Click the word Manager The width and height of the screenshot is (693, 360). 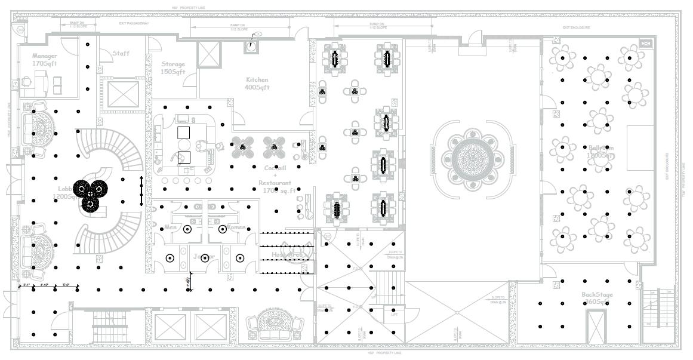click(x=45, y=56)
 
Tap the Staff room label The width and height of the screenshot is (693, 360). click(x=121, y=53)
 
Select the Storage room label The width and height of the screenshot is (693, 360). click(x=173, y=64)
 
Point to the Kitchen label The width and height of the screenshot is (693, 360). click(x=257, y=79)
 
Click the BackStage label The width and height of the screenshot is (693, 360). click(x=597, y=294)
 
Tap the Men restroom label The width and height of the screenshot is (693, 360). click(x=170, y=227)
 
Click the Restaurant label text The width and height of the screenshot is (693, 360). click(x=275, y=183)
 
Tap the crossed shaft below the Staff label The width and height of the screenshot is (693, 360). click(x=123, y=94)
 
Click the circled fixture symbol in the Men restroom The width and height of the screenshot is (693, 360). click(x=187, y=228)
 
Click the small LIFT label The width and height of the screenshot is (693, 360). click(x=395, y=315)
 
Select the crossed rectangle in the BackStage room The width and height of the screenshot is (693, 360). click(x=596, y=325)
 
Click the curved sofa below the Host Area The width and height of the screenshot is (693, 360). click(x=276, y=323)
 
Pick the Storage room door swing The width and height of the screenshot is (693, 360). click(x=155, y=45)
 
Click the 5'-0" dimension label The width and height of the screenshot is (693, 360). click(x=70, y=285)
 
